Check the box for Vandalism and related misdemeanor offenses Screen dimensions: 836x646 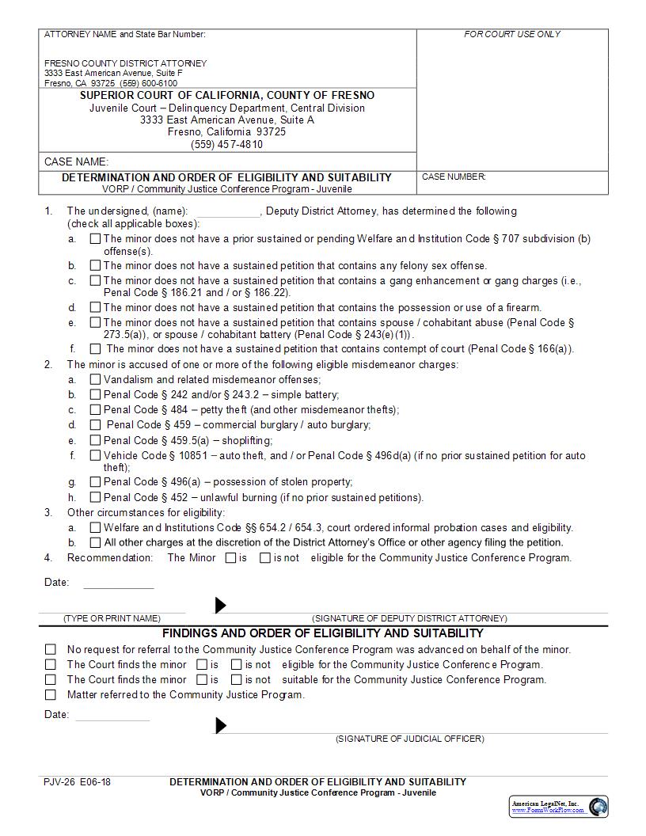pos(95,379)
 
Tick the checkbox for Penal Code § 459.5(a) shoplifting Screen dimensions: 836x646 pos(95,440)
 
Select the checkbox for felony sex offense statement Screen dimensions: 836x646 pos(95,265)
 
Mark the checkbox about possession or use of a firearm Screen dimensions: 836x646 pos(95,307)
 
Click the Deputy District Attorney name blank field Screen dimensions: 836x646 pos(226,211)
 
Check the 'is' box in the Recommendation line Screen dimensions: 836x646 pos(230,558)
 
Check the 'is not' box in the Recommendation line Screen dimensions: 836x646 pos(266,558)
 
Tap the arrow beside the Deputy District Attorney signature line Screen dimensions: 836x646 pos(221,606)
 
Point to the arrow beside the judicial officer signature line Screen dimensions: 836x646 pos(221,725)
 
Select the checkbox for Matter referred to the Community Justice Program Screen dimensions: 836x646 pos(51,695)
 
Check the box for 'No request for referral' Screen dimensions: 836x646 pos(51,649)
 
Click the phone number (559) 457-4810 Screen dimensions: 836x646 pos(226,144)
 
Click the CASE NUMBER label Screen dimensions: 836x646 pos(454,177)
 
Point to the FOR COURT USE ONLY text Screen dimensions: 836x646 pos(511,34)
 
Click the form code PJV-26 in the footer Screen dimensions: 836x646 pos(59,782)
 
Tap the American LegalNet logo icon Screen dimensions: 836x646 pos(598,807)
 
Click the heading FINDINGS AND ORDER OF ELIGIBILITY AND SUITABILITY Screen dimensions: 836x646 pos(322,633)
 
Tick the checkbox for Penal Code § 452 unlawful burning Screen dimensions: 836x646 pos(95,497)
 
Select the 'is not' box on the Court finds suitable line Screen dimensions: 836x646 pos(236,679)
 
